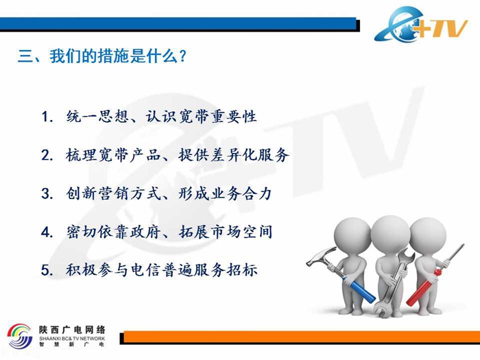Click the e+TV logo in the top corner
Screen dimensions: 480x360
421,25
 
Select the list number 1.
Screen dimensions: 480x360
46,117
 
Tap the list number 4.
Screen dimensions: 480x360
47,232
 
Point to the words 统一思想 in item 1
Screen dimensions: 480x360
98,117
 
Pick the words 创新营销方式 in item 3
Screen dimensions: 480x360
114,193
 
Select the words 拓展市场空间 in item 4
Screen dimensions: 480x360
226,232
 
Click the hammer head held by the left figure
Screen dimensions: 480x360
321,256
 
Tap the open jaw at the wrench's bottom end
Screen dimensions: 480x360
381,310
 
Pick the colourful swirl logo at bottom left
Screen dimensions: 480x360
20,336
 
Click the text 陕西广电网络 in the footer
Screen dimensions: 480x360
72,329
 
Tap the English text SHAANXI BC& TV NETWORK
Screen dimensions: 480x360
72,339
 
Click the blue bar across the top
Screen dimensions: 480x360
178,23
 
